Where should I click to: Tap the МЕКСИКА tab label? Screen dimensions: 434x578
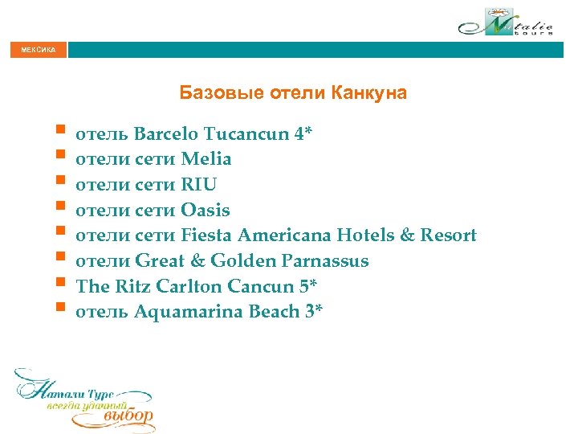34,51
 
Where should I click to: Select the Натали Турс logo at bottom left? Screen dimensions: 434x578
83,399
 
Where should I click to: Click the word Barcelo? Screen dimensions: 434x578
169,133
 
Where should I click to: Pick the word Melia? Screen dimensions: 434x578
206,159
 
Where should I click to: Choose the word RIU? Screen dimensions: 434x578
199,185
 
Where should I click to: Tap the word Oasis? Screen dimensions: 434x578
206,211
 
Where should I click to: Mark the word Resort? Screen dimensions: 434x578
447,236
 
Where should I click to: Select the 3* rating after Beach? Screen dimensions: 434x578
314,313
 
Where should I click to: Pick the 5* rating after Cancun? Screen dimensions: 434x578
311,287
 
